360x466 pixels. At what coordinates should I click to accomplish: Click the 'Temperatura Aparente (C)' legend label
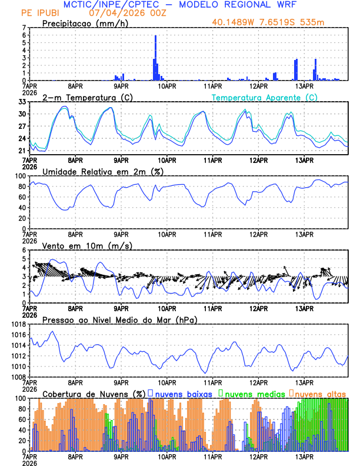tap(265, 97)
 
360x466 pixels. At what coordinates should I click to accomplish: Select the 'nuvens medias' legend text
tap(254, 393)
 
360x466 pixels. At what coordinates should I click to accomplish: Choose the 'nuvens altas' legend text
tap(320, 393)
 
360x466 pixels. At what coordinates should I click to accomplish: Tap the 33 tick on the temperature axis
tap(22, 102)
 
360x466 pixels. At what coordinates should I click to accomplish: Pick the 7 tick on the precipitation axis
tap(24, 28)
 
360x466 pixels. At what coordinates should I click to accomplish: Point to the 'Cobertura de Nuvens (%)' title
tap(94, 393)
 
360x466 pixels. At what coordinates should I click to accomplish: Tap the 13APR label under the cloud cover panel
tap(304, 457)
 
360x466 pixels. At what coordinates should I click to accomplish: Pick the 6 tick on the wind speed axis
tap(24, 250)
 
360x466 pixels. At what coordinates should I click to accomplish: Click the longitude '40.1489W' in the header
tap(234, 23)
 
